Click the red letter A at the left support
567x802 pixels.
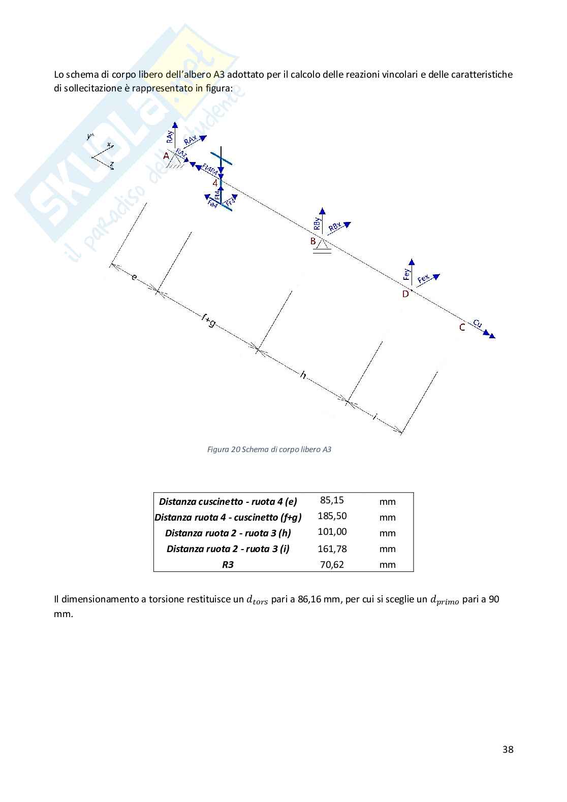pos(166,156)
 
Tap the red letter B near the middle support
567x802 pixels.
pos(313,241)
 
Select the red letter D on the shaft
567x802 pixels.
pos(405,294)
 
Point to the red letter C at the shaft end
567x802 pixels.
pos(462,328)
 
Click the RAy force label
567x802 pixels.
pos(170,136)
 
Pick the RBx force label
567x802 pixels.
pos(335,228)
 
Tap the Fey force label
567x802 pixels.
pos(406,275)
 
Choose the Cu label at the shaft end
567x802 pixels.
pos(477,323)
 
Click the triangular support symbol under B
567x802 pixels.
pos(322,246)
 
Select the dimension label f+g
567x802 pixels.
pos(208,320)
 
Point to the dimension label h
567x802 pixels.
pos(303,375)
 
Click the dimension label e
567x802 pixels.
pos(134,277)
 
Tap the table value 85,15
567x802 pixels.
pos(332,500)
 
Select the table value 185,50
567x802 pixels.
pos(332,516)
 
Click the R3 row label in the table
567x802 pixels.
pos(228,564)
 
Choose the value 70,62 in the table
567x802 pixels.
pos(332,564)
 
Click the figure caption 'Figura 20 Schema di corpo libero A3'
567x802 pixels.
pos(269,450)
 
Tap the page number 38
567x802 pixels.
pos(508,750)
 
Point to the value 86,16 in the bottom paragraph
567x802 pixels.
pos(310,599)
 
